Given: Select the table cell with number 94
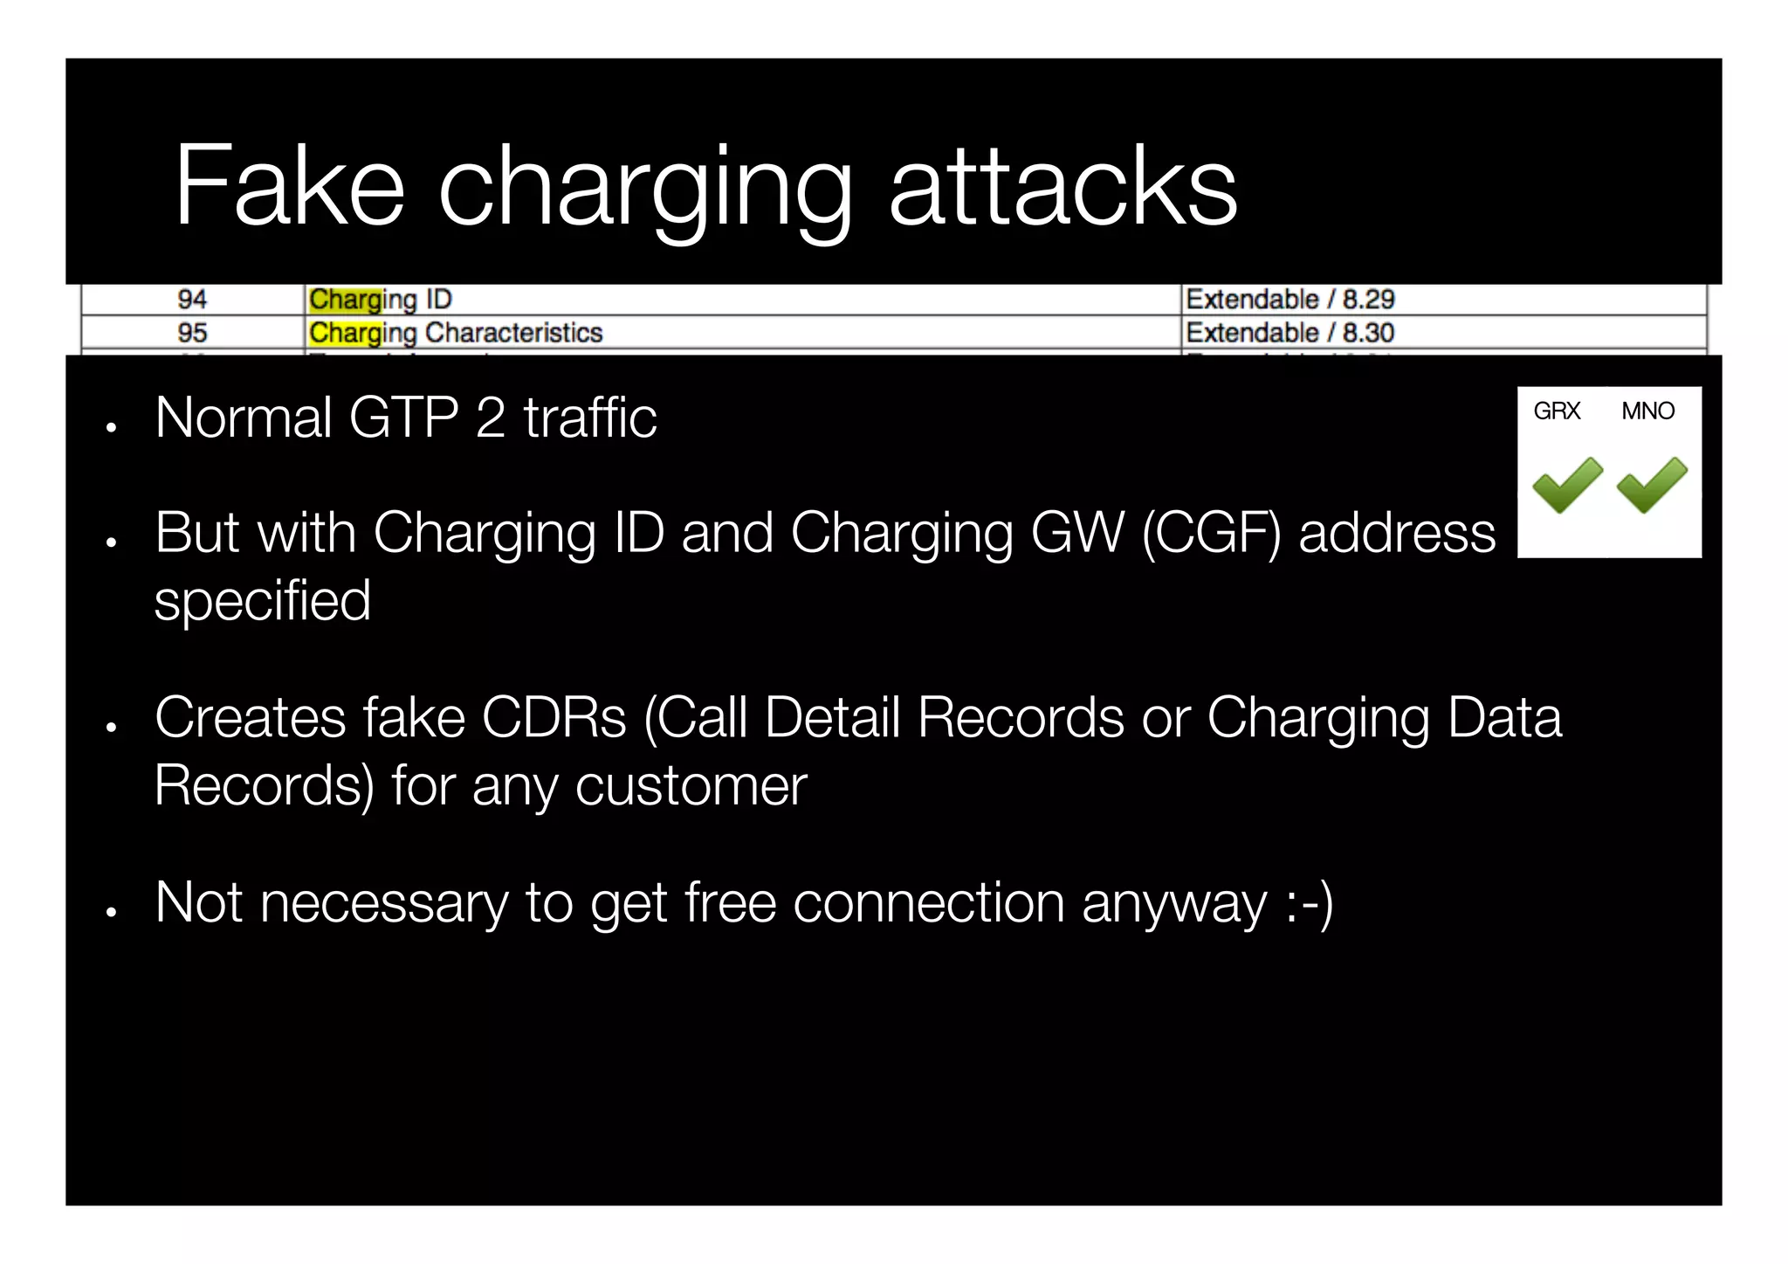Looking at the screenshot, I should click(192, 300).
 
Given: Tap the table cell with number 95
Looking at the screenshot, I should click(192, 333).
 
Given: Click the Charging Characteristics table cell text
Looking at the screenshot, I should click(456, 333).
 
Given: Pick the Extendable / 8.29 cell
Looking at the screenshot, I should click(1289, 300).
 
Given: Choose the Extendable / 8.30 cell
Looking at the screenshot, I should click(1289, 333).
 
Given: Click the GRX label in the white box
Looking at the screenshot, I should click(1557, 411).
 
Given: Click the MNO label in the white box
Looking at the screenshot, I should click(1647, 411).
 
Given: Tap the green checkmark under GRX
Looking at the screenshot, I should click(1566, 484).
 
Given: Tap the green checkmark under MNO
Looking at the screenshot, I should click(1651, 484).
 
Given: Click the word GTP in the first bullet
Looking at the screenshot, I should click(403, 418).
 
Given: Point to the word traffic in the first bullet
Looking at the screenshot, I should click(589, 418).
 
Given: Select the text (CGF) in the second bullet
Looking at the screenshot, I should click(1211, 533).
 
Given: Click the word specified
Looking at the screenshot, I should click(263, 601).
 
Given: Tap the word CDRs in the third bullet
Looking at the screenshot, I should click(554, 718).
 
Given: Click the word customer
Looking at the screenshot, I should click(691, 786).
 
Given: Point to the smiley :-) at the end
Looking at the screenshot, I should click(1309, 902).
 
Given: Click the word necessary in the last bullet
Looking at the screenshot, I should click(384, 902).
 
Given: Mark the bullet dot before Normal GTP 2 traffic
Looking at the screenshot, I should click(111, 428).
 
